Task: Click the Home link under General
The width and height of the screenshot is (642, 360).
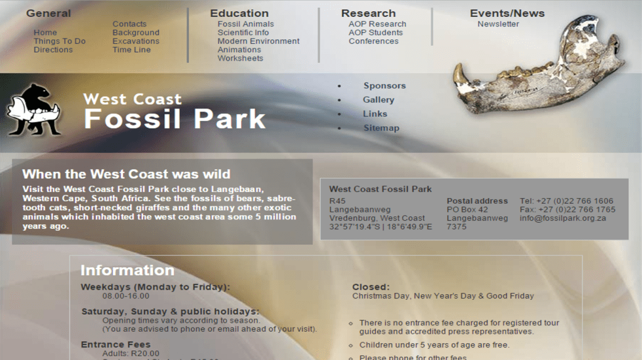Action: tap(45, 33)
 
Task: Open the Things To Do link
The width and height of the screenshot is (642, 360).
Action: tap(60, 41)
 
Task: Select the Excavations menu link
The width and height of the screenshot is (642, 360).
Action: tap(136, 41)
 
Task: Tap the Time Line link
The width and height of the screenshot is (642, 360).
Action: tap(131, 50)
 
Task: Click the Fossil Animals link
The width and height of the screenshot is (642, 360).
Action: tap(245, 24)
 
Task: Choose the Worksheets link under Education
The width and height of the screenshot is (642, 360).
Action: tap(240, 58)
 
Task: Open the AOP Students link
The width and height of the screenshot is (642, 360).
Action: tap(376, 33)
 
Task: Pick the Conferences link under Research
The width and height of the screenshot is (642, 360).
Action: tap(373, 41)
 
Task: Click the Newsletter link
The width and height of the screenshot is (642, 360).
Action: tap(498, 24)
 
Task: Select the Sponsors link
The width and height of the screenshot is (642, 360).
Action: tap(385, 86)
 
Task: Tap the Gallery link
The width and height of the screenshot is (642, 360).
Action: tap(378, 100)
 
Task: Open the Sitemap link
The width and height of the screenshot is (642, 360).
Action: tap(381, 128)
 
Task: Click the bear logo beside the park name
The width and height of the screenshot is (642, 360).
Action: tap(35, 110)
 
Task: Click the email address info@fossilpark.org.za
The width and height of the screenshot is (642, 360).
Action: tap(562, 218)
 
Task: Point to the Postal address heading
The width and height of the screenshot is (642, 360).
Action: tap(477, 201)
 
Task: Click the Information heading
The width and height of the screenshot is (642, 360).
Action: tap(127, 270)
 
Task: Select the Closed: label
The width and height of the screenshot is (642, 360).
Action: tap(371, 287)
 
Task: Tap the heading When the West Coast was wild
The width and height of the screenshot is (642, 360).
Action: tap(126, 174)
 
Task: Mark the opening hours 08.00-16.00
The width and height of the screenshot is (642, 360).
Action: tap(126, 296)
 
